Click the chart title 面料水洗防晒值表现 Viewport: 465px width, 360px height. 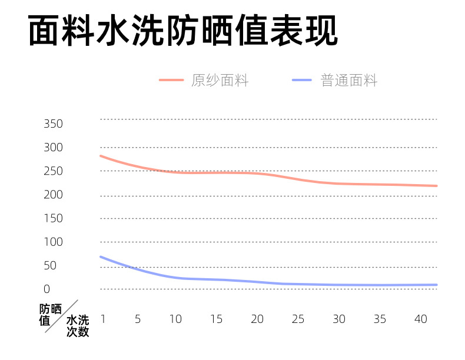[183, 31]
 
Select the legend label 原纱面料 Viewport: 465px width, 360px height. [220, 81]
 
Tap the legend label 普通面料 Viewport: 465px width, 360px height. [349, 81]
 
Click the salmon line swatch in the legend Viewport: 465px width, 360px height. [171, 81]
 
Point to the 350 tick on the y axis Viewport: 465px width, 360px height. [53, 124]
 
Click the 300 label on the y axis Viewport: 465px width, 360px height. [53, 148]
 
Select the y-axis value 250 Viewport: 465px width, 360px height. [53, 171]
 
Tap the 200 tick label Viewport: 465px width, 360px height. [53, 195]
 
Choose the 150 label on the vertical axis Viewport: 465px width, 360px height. [53, 218]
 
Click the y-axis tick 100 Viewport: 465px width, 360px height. [53, 242]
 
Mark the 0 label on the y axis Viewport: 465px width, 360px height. [46, 289]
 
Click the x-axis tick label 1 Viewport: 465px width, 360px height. [102, 319]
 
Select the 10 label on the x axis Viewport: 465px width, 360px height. [175, 319]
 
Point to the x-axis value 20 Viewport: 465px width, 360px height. [257, 319]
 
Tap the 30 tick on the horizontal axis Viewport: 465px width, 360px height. [338, 319]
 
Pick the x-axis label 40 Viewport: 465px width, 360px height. [420, 319]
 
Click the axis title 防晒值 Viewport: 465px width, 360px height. [50, 314]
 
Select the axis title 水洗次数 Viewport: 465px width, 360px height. [77, 326]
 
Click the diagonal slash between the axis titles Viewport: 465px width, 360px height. [61, 316]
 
